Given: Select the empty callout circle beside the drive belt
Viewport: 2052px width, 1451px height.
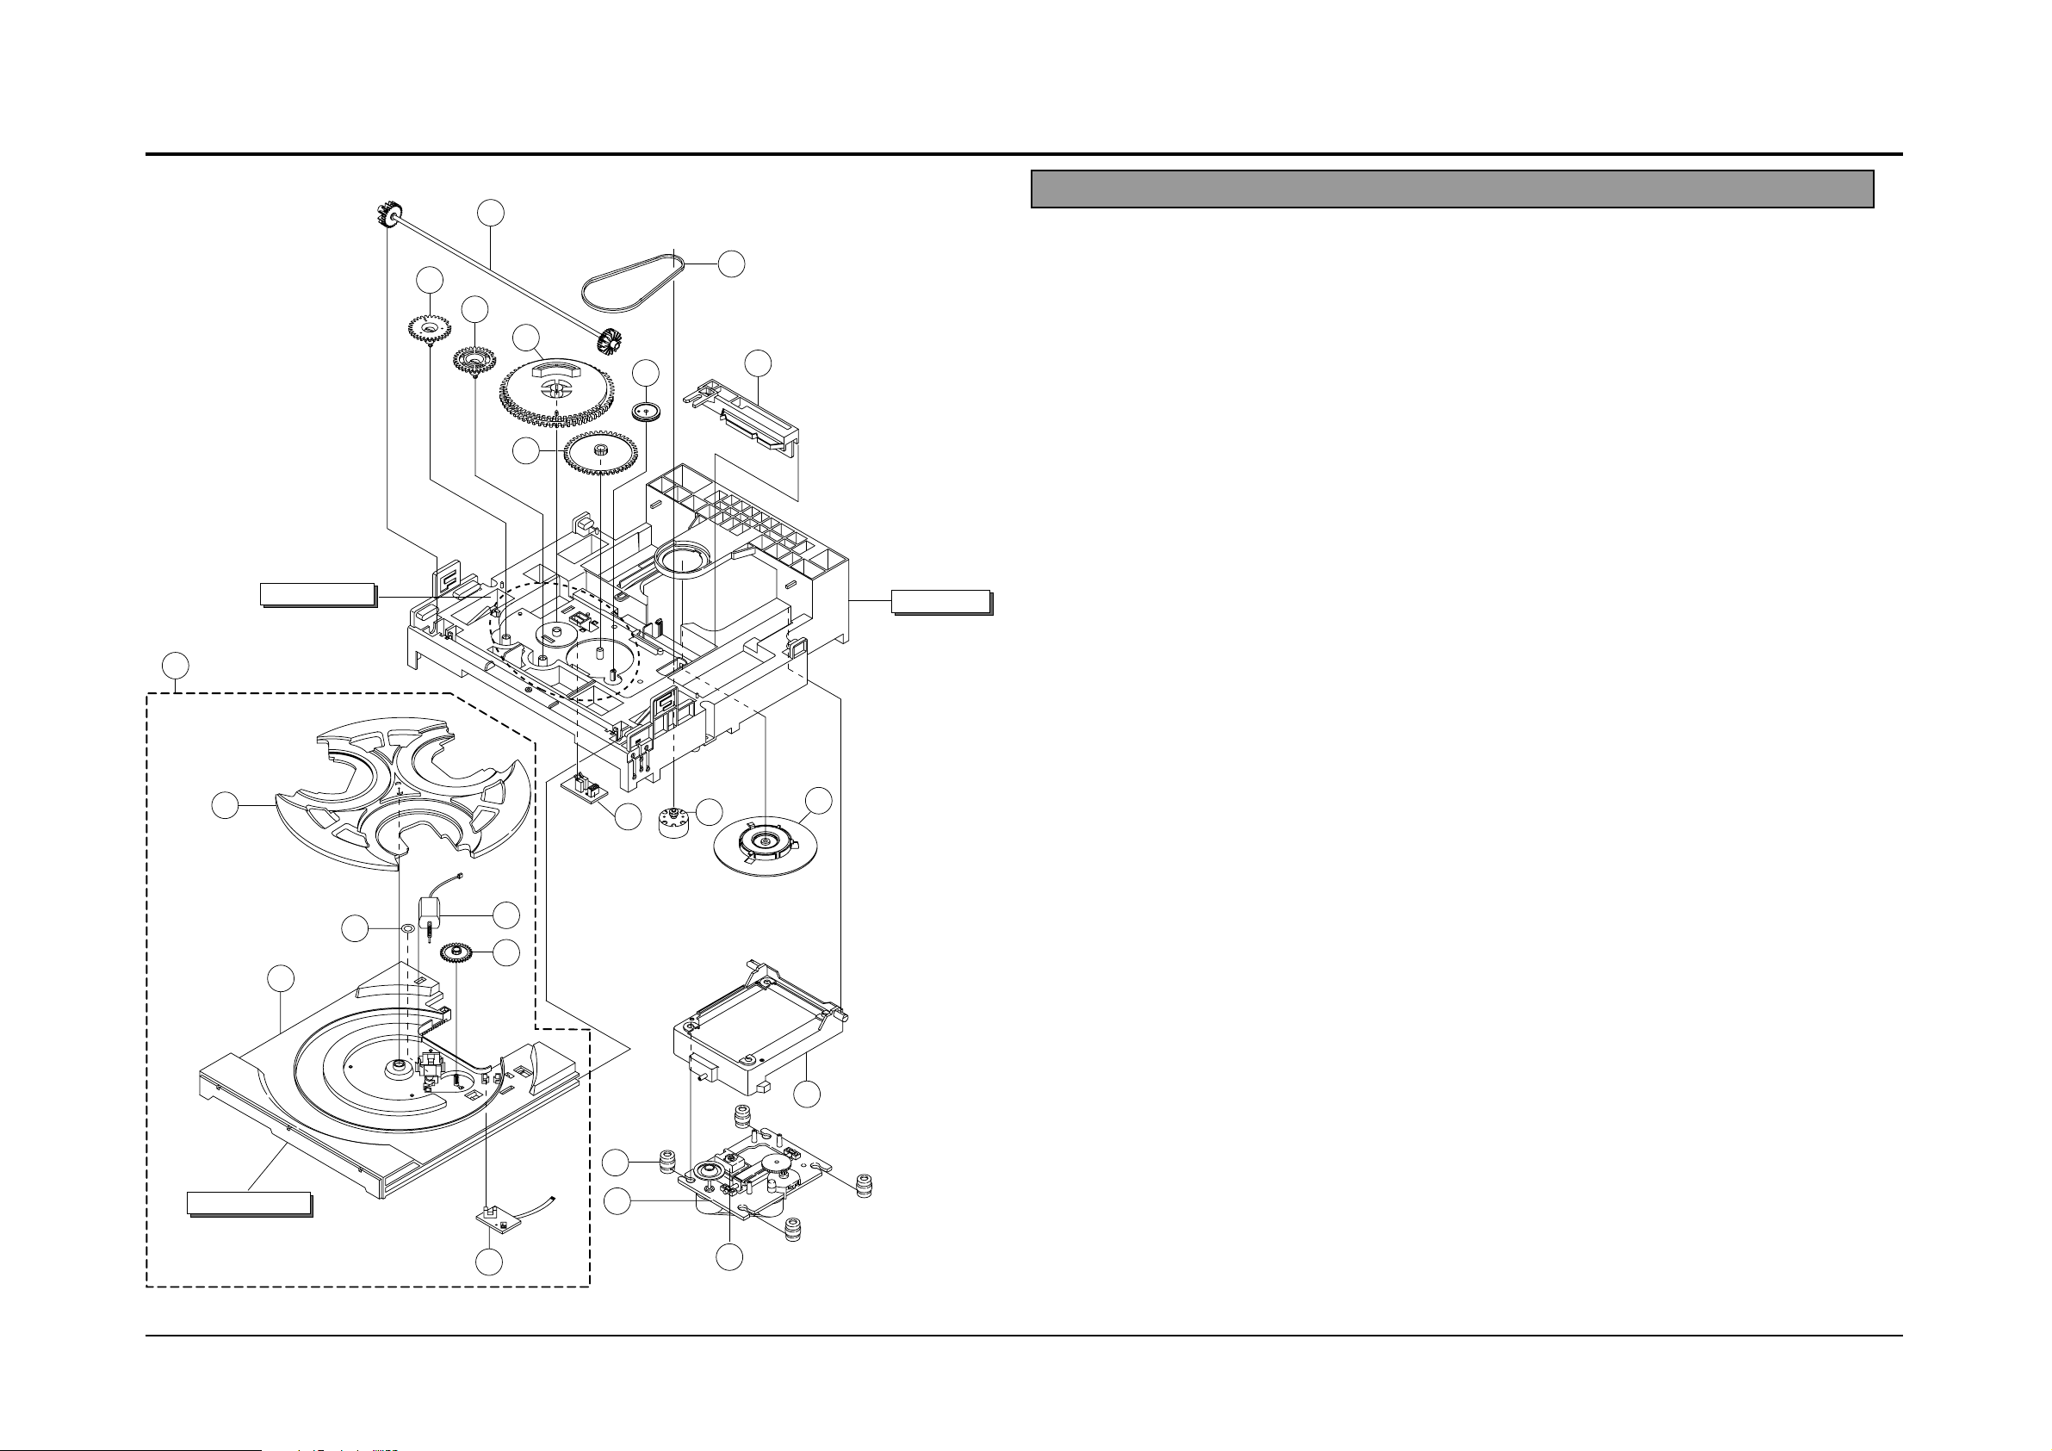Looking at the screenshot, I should (x=732, y=264).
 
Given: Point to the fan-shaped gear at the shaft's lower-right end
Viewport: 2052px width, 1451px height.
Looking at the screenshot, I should (x=612, y=343).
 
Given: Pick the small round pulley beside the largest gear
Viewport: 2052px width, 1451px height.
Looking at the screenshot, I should (x=646, y=412).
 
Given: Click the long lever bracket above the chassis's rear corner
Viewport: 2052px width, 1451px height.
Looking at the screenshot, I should (x=741, y=416).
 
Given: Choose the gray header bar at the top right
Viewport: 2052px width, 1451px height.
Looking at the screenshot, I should (x=1452, y=189).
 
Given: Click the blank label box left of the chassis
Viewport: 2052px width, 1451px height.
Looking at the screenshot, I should (x=316, y=594).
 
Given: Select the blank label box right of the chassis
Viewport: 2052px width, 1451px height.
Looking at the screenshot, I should (x=940, y=601).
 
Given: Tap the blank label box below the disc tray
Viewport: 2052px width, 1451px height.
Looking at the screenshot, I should (x=249, y=1203).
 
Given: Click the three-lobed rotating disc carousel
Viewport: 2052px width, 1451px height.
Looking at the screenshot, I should (x=402, y=796).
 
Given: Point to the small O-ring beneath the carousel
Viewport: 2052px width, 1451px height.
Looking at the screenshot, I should (x=406, y=928).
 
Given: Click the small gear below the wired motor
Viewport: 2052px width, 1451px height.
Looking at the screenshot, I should (x=456, y=953).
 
